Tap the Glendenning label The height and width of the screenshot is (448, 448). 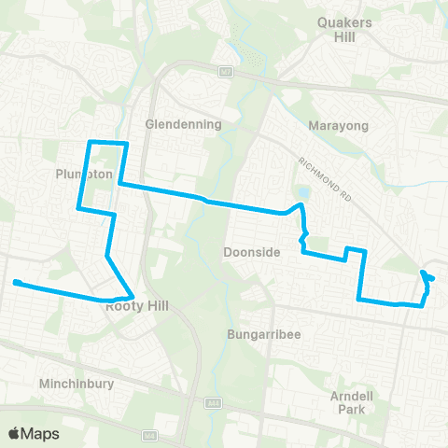pyautogui.click(x=184, y=124)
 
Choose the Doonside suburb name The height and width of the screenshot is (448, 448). pyautogui.click(x=247, y=252)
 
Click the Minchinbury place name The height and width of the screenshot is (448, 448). pyautogui.click(x=77, y=384)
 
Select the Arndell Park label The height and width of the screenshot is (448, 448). pyautogui.click(x=352, y=401)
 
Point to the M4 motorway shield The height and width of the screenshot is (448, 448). pyautogui.click(x=149, y=435)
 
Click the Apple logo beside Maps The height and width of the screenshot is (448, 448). pyautogui.click(x=15, y=433)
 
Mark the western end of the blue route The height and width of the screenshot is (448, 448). pyautogui.click(x=16, y=282)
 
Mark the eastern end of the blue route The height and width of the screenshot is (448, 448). pyautogui.click(x=432, y=278)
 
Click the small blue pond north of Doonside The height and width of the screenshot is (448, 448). pyautogui.click(x=304, y=193)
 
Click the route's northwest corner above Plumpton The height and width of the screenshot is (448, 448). pyautogui.click(x=90, y=142)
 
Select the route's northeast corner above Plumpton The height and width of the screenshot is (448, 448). pyautogui.click(x=125, y=142)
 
